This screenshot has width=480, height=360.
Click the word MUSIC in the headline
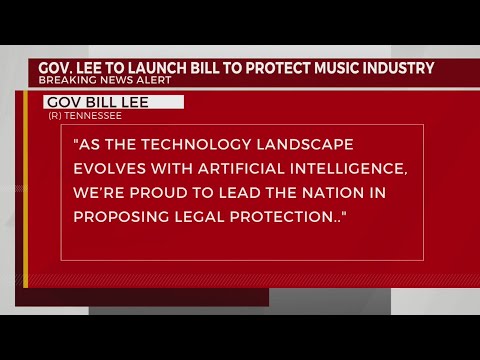pos(337,68)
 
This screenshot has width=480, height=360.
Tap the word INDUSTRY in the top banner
pos(400,68)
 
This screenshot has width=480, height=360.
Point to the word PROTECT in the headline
pos(273,68)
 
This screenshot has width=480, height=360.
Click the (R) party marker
pos(55,116)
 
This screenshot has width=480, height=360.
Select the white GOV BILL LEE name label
pos(114,102)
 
